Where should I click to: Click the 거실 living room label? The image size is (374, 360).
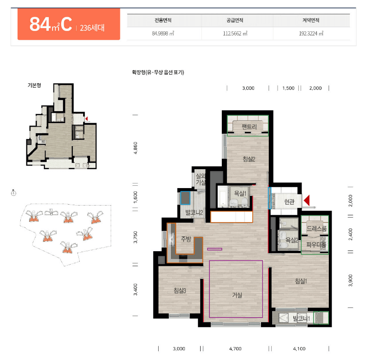pyautogui.click(x=237, y=295)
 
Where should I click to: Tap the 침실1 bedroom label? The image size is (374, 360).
pyautogui.click(x=301, y=281)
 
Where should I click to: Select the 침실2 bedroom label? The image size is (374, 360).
pyautogui.click(x=249, y=159)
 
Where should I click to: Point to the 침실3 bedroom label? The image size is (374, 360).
pyautogui.click(x=180, y=290)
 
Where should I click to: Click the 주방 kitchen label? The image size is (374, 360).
pyautogui.click(x=186, y=239)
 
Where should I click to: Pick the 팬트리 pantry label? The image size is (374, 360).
pyautogui.click(x=249, y=127)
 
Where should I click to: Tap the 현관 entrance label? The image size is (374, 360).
pyautogui.click(x=289, y=202)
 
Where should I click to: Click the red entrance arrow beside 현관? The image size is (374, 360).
pyautogui.click(x=307, y=200)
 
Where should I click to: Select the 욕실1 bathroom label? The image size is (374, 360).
pyautogui.click(x=240, y=193)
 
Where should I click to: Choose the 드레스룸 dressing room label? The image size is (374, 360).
pyautogui.click(x=316, y=229)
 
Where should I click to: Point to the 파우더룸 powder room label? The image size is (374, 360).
pyautogui.click(x=316, y=244)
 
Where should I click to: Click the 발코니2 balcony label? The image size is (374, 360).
pyautogui.click(x=194, y=212)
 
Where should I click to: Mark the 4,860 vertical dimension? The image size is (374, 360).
pyautogui.click(x=136, y=148)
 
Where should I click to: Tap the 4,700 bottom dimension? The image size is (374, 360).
pyautogui.click(x=235, y=349)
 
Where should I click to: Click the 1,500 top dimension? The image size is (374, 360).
pyautogui.click(x=288, y=88)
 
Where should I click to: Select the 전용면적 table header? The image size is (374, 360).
pyautogui.click(x=163, y=20)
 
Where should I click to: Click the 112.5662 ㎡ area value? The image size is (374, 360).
pyautogui.click(x=235, y=33)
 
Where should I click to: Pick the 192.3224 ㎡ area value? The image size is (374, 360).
pyautogui.click(x=311, y=33)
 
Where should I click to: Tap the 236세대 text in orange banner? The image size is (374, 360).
pyautogui.click(x=92, y=28)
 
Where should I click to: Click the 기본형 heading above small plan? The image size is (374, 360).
pyautogui.click(x=34, y=85)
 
